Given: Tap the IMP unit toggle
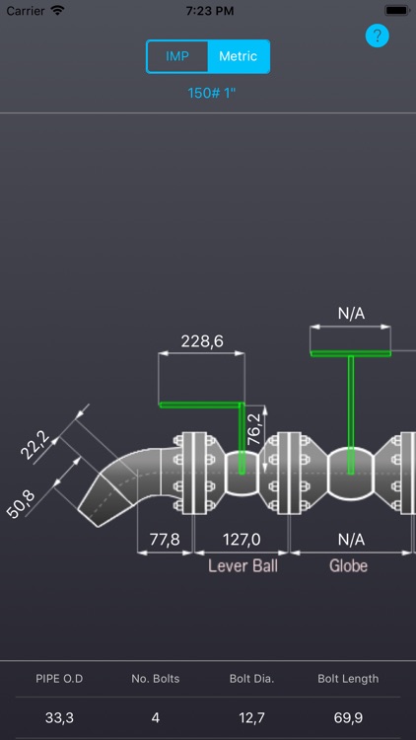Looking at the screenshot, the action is tap(177, 56).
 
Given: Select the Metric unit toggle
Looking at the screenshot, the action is tap(239, 56).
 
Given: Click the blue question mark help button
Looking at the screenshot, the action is tap(378, 36).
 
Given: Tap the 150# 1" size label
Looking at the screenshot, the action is tap(211, 93).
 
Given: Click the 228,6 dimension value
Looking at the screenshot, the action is tap(202, 341).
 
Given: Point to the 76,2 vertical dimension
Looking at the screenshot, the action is tap(254, 429).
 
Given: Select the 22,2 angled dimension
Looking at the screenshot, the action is tap(35, 445).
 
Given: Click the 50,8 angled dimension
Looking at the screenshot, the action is tap(21, 504).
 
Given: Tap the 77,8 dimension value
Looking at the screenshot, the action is tap(165, 539).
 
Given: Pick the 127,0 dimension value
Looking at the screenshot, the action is tap(242, 539).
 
